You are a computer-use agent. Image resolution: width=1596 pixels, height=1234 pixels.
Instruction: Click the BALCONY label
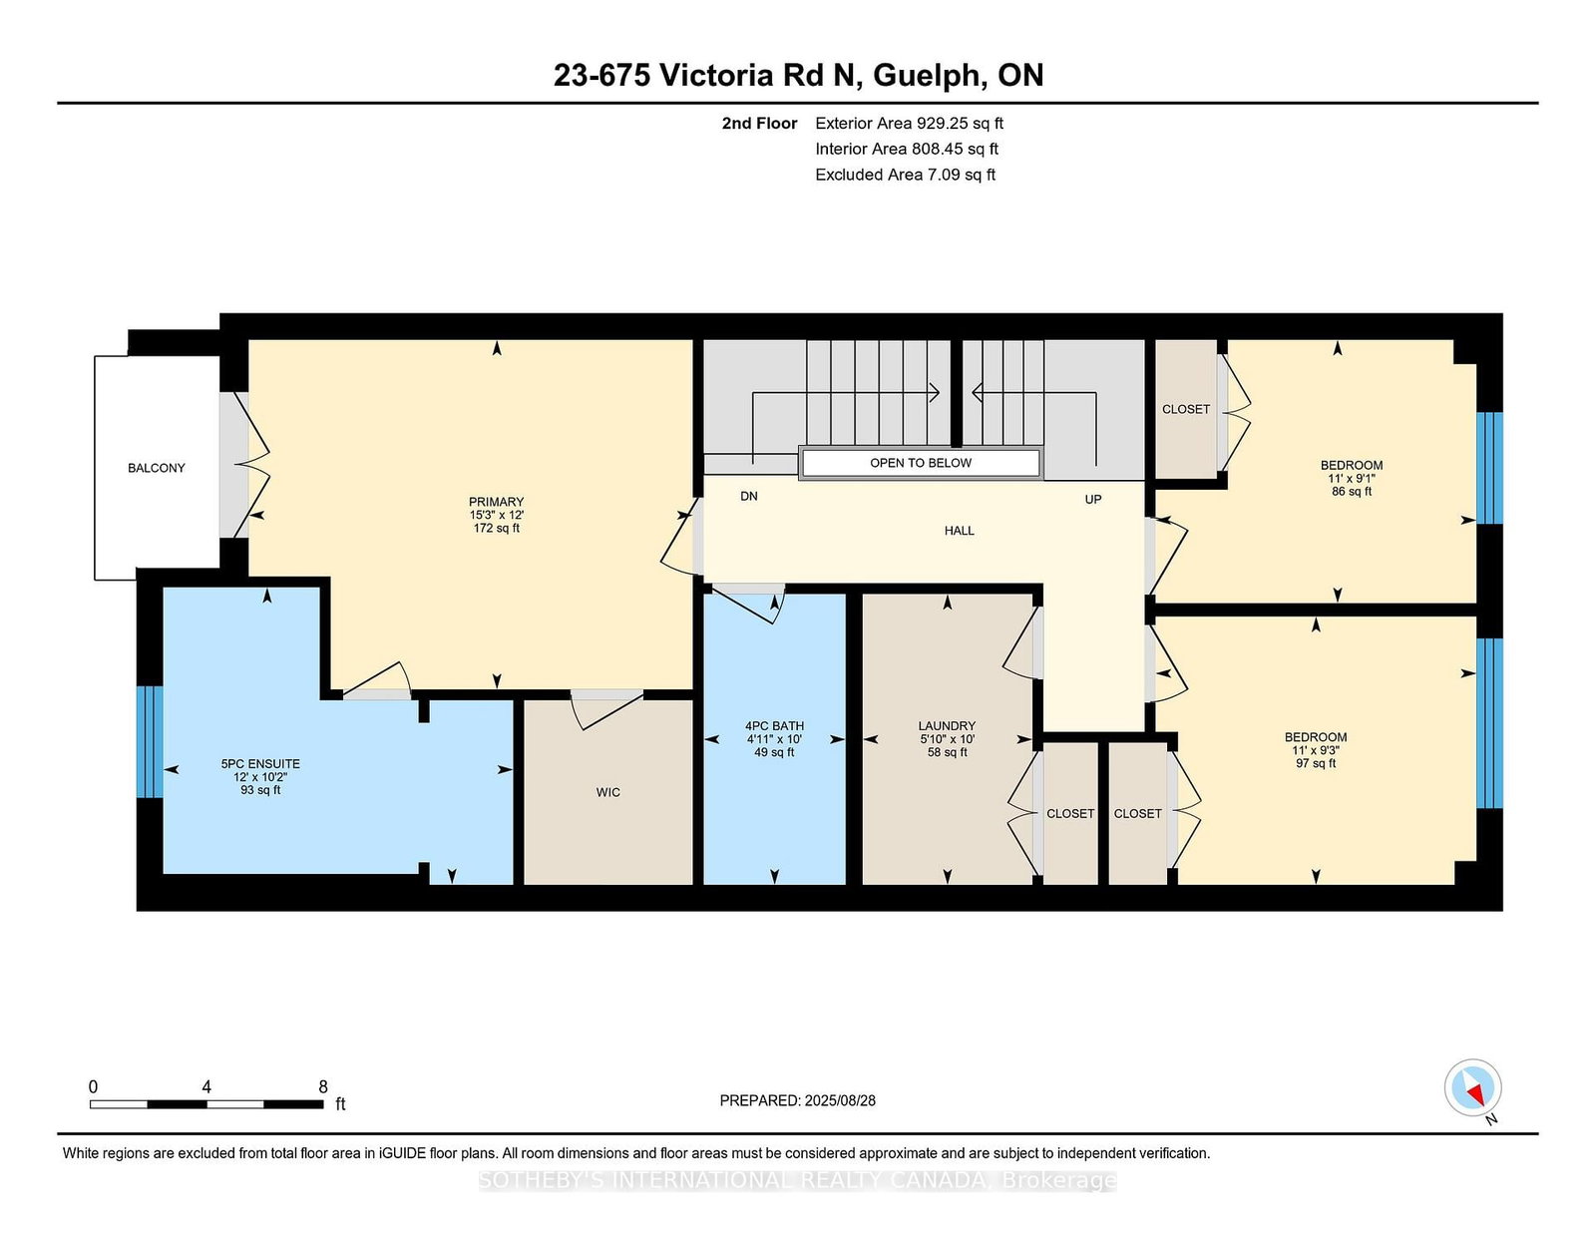(x=157, y=468)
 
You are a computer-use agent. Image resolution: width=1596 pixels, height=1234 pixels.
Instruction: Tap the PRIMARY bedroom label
(x=496, y=502)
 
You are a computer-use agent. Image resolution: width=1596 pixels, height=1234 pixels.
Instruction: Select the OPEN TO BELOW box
(x=920, y=463)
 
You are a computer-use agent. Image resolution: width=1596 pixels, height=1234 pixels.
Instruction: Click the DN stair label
(x=749, y=496)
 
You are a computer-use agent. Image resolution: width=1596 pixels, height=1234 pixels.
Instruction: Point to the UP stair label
(x=1093, y=499)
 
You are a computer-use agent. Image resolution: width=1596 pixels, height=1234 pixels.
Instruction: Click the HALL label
(x=960, y=531)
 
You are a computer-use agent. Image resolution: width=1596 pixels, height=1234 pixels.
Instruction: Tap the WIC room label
(x=608, y=792)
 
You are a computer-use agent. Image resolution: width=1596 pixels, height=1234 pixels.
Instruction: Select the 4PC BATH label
(x=774, y=726)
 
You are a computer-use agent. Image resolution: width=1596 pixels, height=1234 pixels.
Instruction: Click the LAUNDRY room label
(x=947, y=726)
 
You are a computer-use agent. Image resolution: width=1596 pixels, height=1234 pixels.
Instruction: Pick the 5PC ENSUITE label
(x=260, y=764)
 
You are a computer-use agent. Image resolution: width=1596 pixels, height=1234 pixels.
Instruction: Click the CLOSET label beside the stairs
(x=1186, y=409)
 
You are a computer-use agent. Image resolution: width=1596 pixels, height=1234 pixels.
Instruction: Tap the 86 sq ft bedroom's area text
(x=1352, y=492)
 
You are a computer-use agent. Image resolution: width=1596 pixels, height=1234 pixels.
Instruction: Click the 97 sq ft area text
(x=1316, y=763)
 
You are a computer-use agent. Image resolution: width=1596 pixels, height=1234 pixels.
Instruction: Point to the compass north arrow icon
(x=1472, y=1087)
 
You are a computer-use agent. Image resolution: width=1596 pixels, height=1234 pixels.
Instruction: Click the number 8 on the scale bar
(x=323, y=1086)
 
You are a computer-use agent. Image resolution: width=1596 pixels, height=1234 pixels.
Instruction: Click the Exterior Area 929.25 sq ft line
(x=909, y=124)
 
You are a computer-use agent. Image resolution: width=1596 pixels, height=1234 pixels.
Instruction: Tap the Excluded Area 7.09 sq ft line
(x=905, y=175)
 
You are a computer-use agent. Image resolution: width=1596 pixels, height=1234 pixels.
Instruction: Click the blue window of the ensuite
(x=150, y=741)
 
